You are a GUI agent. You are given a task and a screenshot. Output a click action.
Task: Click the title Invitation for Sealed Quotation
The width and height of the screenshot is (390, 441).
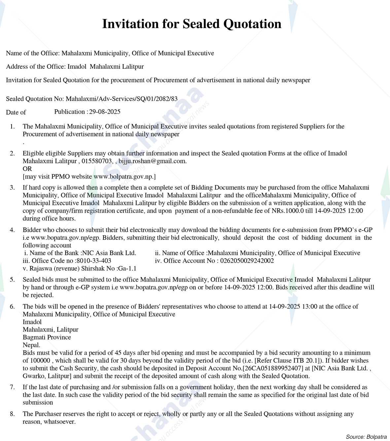coord(192,24)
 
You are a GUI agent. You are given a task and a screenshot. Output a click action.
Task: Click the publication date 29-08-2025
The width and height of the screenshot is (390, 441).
coord(105,112)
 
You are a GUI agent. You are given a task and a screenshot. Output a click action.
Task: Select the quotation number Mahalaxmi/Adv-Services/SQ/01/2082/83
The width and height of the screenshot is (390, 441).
coord(122,99)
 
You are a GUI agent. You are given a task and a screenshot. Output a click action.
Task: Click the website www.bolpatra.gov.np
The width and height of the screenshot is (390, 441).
coord(124,176)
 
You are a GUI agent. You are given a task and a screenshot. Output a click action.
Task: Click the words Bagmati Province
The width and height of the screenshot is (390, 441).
coord(47,337)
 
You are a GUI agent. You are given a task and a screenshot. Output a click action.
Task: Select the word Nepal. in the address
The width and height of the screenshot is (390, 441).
coord(31,345)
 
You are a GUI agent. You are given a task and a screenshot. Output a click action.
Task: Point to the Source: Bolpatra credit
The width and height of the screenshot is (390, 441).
coord(366,437)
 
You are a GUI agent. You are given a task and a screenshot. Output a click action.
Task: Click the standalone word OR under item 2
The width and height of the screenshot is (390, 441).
coord(27,169)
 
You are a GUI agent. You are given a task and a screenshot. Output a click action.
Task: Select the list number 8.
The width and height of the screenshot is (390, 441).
coord(12,414)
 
